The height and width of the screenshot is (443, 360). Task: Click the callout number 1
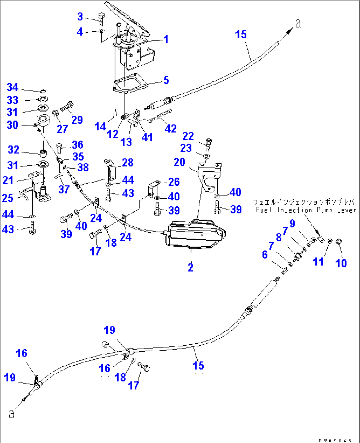(166, 39)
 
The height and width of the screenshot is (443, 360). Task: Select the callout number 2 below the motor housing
(191, 267)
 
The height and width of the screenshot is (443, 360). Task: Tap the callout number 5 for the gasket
(166, 80)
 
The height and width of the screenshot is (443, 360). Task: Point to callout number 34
(13, 87)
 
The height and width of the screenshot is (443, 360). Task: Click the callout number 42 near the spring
(170, 129)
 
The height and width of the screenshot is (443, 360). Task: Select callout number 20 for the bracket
(179, 162)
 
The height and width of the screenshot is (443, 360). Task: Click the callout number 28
(127, 162)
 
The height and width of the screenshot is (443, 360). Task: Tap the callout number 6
(265, 255)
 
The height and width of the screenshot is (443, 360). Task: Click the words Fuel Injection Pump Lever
(306, 210)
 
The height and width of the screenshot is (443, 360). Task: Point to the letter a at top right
(298, 24)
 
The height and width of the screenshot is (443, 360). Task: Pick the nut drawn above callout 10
(339, 242)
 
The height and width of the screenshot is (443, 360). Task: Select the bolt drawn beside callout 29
(67, 107)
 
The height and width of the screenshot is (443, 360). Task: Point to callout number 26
(174, 182)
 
